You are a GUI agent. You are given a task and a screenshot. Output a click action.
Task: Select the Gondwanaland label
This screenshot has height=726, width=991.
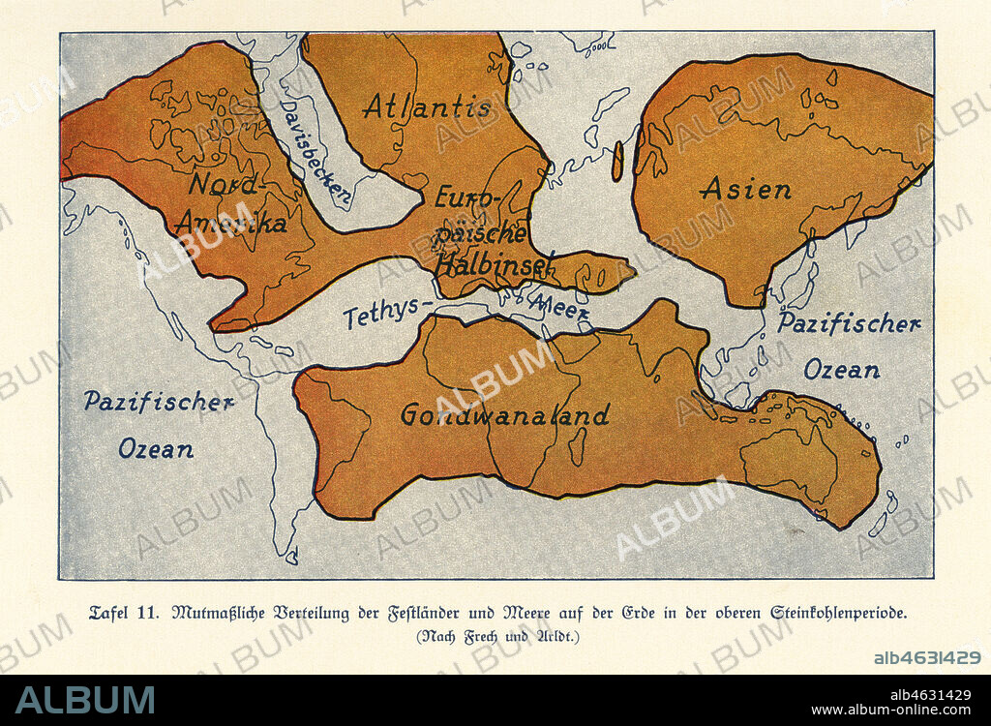coord(505,415)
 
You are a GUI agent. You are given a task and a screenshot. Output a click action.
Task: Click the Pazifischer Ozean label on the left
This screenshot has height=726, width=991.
coord(157,424)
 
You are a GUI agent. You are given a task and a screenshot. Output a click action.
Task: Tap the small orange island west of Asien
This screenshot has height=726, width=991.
coord(617,163)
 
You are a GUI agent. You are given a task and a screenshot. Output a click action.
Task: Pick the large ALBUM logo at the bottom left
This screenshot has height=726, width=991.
coord(84,700)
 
